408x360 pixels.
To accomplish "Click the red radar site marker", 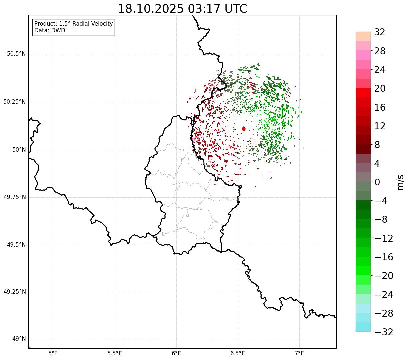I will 244,129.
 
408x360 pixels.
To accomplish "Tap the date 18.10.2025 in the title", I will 151,9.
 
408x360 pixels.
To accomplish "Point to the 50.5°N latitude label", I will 16,54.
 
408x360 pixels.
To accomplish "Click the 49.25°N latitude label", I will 15,292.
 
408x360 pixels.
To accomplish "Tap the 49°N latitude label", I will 19,339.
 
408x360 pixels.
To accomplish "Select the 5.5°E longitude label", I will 115,353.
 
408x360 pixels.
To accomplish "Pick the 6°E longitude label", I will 176,353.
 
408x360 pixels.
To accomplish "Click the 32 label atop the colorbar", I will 380,32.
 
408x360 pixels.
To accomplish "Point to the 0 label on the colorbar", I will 377,182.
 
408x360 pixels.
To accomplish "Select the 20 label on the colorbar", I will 380,89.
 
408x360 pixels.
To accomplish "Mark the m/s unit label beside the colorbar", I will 400,182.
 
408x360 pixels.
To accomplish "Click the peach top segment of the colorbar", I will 363,36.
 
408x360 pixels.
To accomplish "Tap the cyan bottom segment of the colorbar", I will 363,327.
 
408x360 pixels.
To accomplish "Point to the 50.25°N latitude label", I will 15,102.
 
